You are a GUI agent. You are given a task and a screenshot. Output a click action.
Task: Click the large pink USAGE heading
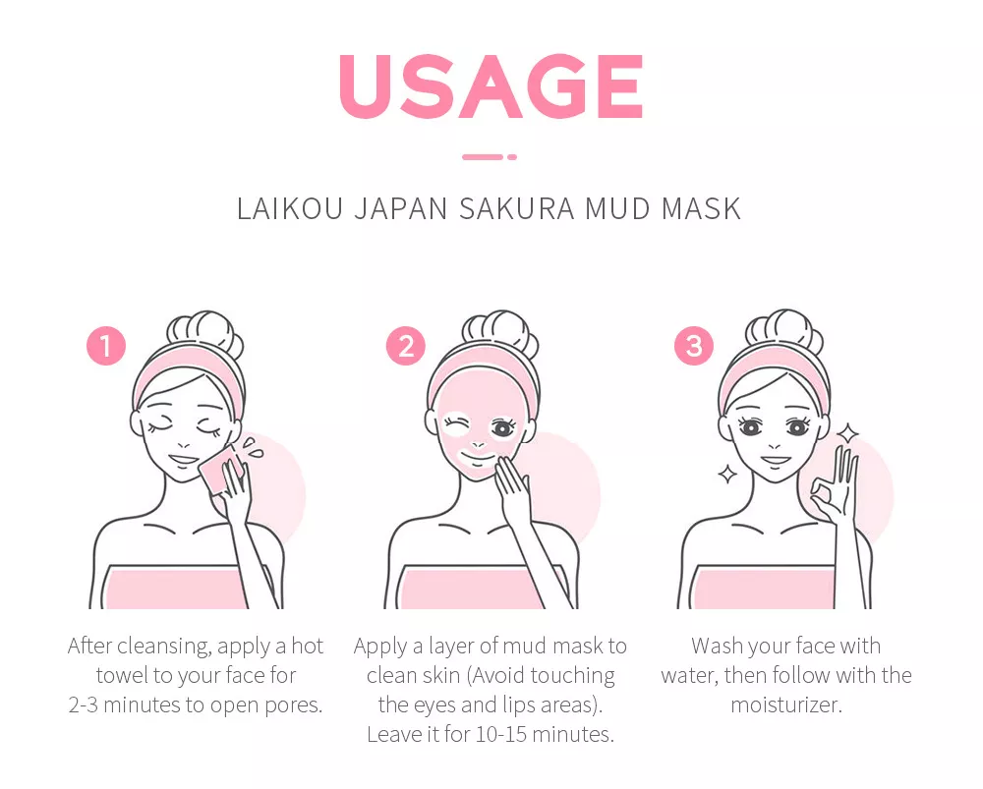coord(491,85)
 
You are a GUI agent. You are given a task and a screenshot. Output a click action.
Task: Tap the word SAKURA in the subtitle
coord(517,208)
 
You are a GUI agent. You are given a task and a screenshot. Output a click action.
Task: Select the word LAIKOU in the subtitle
coord(290,208)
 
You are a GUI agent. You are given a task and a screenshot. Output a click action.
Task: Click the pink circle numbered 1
coord(106,345)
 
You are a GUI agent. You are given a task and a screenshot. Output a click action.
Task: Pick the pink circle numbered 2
coord(406,345)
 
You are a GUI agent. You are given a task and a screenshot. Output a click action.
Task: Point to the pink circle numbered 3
coord(694,345)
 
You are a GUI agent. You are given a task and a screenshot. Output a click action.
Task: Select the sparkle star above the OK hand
coord(848,433)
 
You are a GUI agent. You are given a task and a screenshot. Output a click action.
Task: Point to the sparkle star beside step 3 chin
coord(727,475)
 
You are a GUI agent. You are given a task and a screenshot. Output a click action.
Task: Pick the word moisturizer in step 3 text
coord(786,705)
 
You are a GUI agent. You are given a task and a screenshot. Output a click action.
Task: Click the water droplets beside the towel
coord(254,447)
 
